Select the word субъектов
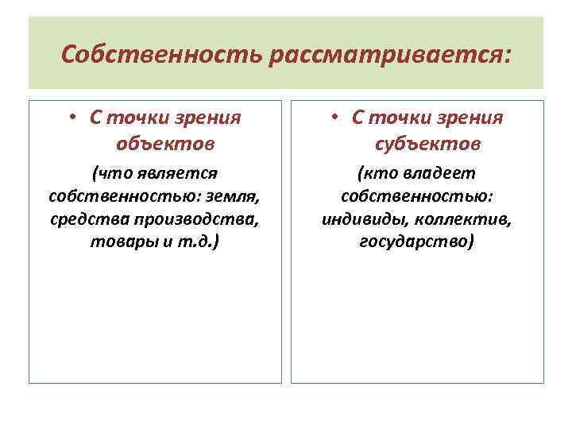pos(427,144)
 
